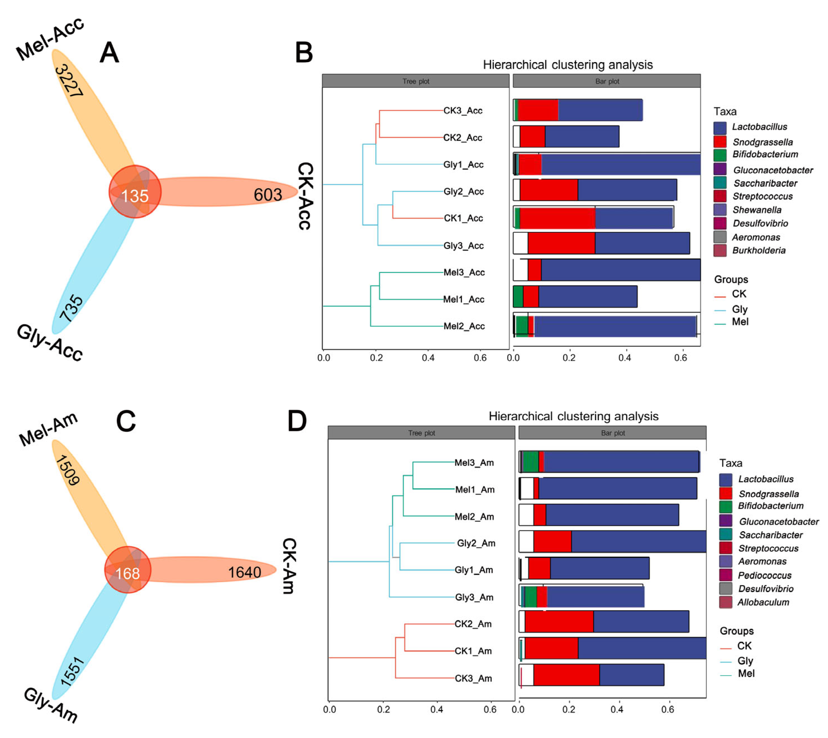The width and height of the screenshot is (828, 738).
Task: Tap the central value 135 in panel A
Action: coord(135,196)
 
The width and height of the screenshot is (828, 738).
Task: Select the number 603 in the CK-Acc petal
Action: coord(268,195)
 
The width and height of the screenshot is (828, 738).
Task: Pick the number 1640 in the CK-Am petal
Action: coord(244,572)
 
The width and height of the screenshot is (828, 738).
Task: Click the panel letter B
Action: coord(304,53)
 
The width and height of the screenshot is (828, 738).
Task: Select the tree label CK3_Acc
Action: coord(462,110)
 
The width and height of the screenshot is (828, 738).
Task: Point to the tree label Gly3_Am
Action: coord(474,597)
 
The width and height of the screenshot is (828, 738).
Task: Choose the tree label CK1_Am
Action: coord(473,651)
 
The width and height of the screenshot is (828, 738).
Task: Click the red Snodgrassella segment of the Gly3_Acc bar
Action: coord(561,243)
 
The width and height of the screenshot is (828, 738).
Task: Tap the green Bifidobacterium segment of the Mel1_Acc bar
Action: coord(518,296)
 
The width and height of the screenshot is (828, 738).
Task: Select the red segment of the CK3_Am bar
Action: coord(566,675)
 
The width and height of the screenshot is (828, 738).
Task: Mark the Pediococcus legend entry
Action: coord(764,575)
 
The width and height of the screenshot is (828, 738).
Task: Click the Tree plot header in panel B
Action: coord(416,81)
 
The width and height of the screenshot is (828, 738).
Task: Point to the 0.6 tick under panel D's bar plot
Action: coord(667,709)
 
